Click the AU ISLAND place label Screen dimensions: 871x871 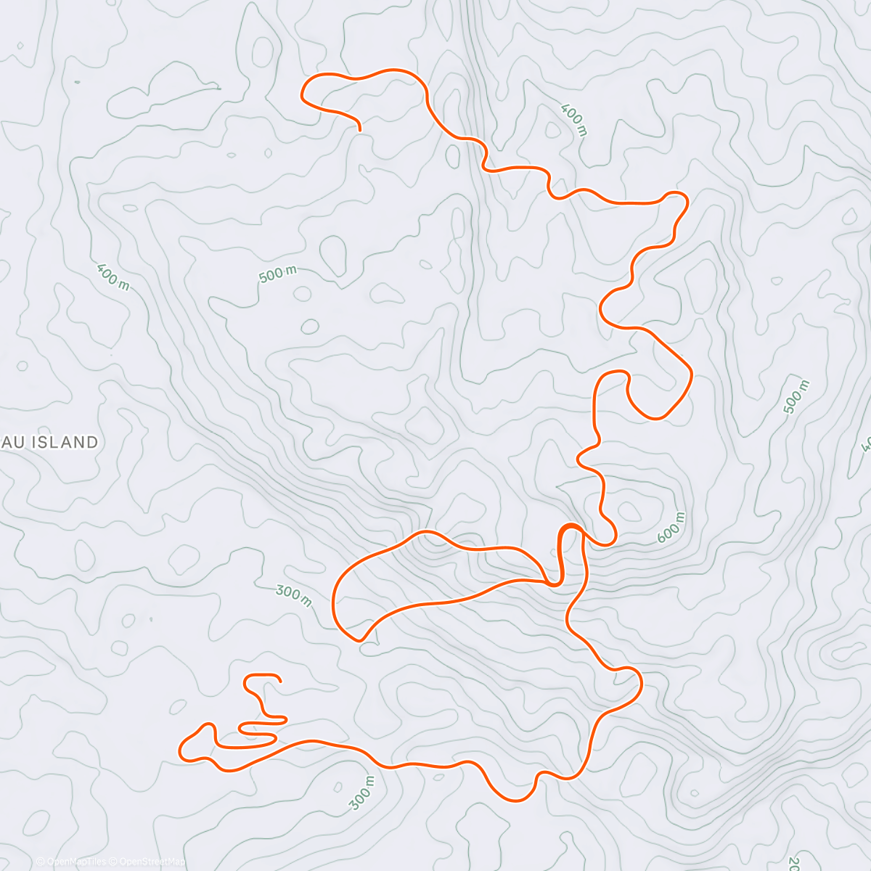pos(49,442)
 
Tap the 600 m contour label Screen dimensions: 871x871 pos(671,527)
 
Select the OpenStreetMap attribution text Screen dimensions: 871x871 pos(151,862)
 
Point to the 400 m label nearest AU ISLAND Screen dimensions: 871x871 pos(113,276)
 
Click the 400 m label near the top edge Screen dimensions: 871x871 pos(573,120)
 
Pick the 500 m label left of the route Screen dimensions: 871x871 pos(277,274)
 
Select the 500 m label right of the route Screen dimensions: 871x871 pos(796,397)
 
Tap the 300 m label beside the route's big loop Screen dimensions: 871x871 pos(294,595)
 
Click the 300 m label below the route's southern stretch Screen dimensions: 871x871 pos(361,793)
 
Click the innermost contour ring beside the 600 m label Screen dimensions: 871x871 pos(629,511)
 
